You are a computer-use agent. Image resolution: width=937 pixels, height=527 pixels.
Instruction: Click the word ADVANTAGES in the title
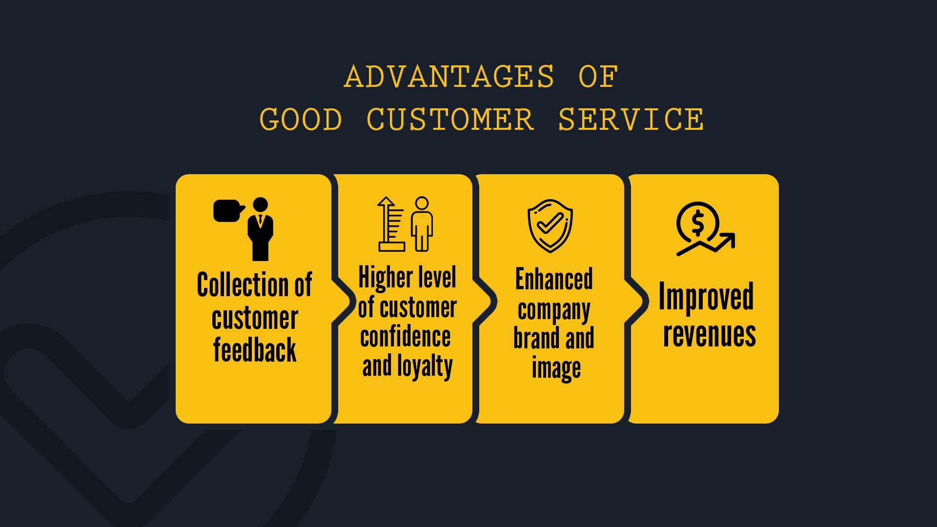[x=449, y=77]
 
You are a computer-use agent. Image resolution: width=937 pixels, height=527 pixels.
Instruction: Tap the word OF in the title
[x=598, y=77]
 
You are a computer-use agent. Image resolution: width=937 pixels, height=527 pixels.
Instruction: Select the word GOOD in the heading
[x=301, y=120]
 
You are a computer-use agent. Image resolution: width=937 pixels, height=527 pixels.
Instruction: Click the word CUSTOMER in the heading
[x=450, y=120]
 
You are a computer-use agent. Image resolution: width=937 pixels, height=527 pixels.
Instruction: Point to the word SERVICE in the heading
[x=631, y=120]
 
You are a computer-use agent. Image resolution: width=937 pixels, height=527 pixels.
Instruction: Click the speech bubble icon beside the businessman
[x=228, y=211]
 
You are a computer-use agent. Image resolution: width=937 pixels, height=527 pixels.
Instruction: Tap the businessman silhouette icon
[x=260, y=229]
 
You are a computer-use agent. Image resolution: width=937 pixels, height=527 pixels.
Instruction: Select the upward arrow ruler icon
[x=391, y=224]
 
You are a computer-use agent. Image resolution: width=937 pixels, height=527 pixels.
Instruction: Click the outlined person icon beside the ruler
[x=422, y=224]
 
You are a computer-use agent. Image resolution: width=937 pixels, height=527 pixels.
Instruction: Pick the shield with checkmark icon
[x=550, y=226]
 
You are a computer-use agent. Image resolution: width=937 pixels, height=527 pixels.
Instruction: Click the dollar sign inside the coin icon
[x=698, y=223]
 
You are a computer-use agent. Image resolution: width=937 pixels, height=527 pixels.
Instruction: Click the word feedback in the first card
[x=255, y=349]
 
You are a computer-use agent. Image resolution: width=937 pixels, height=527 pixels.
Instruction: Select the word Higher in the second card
[x=386, y=278]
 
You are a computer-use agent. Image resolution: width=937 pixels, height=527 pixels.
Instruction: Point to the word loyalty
[x=425, y=367]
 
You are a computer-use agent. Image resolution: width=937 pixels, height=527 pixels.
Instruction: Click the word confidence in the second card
[x=406, y=337]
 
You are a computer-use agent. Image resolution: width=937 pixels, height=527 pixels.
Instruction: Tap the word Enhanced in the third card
[x=554, y=279]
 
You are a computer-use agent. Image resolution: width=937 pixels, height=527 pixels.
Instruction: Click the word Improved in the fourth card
[x=706, y=297]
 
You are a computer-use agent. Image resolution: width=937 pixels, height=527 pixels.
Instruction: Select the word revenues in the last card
[x=710, y=335]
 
